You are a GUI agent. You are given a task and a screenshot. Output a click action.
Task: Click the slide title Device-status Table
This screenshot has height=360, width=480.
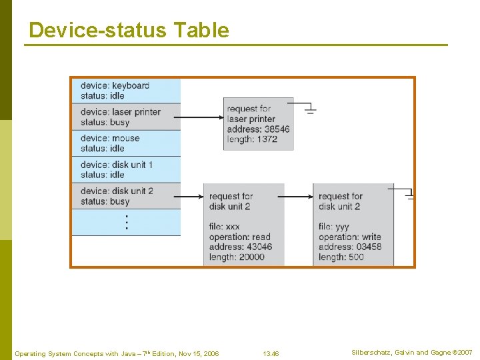[129, 30]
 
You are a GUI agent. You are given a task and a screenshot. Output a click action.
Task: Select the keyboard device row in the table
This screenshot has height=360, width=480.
[126, 90]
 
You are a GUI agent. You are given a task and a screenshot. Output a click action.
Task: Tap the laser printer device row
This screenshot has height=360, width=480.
[126, 117]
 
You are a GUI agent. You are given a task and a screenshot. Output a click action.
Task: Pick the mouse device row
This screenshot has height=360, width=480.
[126, 143]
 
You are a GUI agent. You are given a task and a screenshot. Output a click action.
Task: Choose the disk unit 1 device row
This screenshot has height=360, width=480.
[126, 169]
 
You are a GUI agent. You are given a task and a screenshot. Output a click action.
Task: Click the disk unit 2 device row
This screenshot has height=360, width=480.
[126, 196]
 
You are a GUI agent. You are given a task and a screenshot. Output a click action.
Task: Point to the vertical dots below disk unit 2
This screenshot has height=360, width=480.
[127, 223]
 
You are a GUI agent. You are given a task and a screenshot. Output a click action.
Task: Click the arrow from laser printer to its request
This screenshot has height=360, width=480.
[201, 117]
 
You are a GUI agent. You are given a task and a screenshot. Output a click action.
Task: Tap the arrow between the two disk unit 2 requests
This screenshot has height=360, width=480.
[298, 197]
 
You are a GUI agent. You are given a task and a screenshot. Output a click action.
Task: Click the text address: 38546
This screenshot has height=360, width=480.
[258, 129]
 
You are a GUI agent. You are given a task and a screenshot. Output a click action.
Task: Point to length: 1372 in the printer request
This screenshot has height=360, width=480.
[253, 139]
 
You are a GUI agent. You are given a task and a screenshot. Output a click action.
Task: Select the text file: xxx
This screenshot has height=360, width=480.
[224, 227]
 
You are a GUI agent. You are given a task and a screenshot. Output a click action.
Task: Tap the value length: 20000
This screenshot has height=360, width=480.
[237, 257]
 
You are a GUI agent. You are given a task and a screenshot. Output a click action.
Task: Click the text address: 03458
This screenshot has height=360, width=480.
[350, 247]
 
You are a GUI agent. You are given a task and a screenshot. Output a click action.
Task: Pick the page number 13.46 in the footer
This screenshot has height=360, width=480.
[271, 353]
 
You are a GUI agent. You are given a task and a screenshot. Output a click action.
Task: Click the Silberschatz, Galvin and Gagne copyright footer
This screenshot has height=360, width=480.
[411, 352]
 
